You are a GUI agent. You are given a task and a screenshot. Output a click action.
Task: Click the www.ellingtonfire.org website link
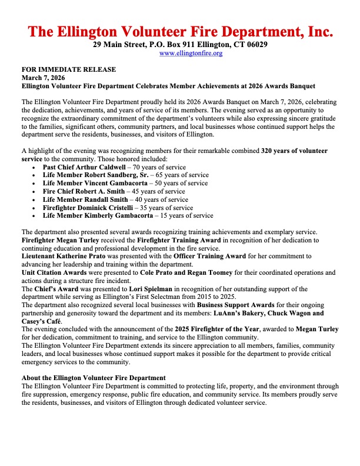point(191,54)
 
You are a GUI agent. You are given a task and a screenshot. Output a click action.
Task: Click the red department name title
point(181,31)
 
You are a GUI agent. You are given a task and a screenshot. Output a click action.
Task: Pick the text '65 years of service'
point(182,175)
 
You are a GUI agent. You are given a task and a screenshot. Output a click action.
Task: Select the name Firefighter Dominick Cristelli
point(89,208)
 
